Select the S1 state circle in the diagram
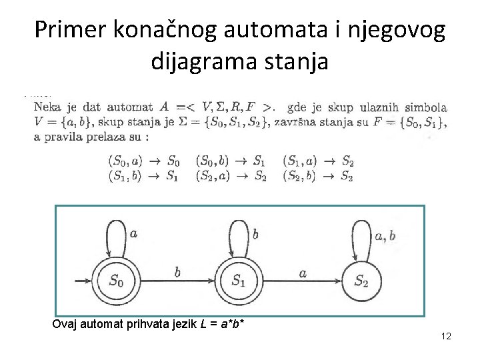pos(238,280)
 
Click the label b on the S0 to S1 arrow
pos(177,271)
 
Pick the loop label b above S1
pos(255,233)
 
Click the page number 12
pos(446,337)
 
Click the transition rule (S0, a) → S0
pos(143,161)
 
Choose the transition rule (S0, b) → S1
pos(231,161)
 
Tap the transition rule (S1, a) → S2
pos(318,161)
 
